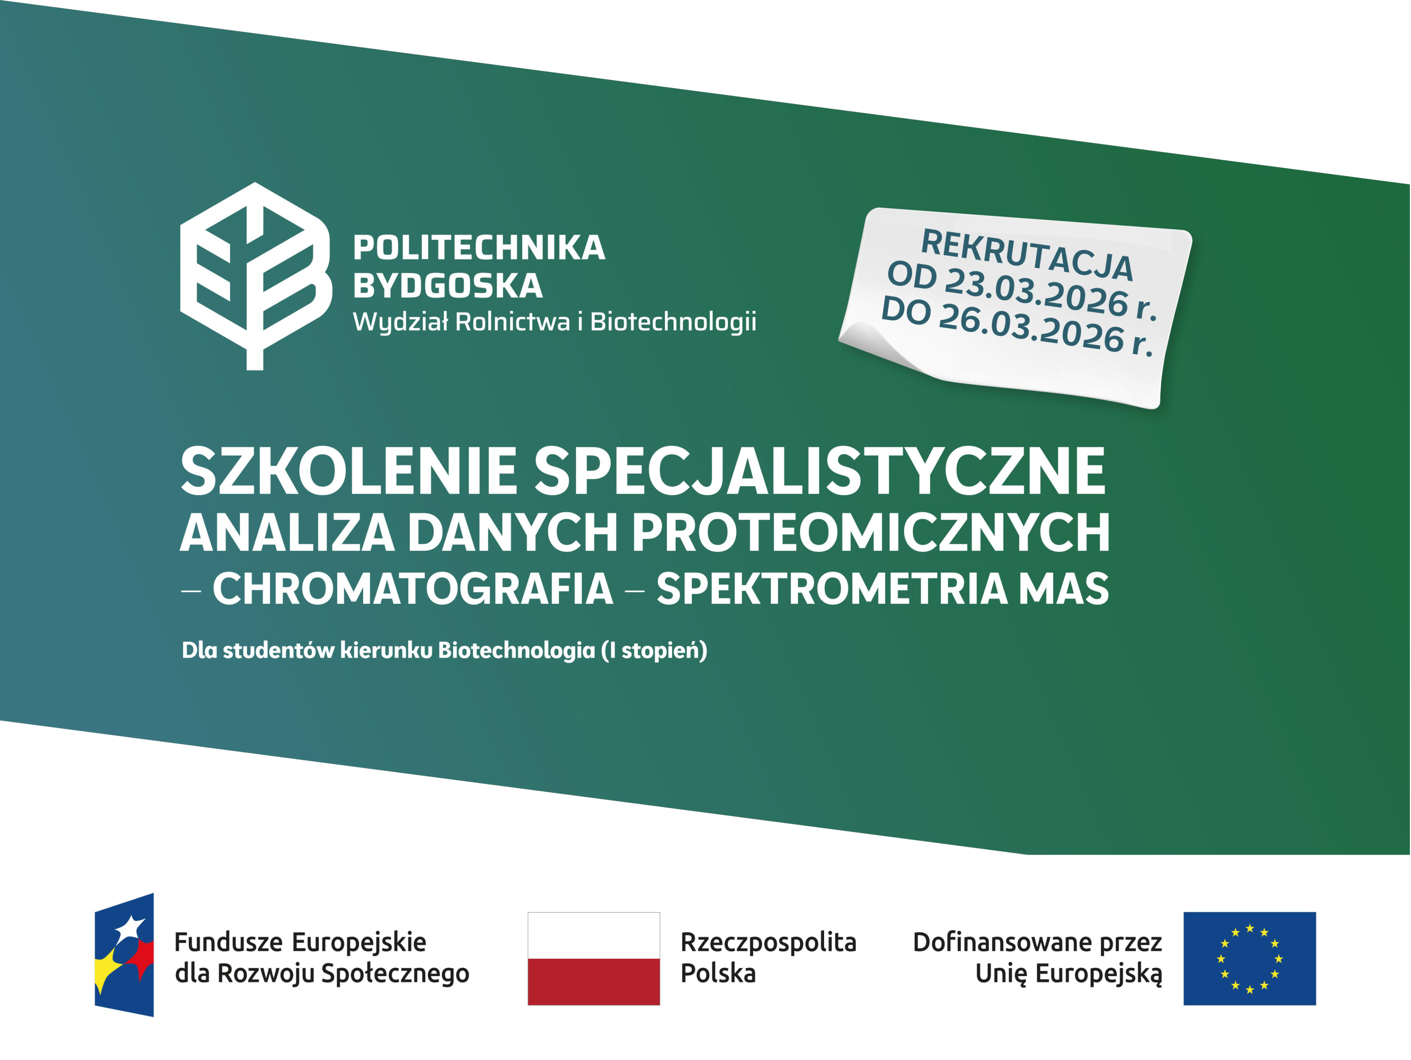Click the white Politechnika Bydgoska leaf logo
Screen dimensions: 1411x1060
tap(255, 276)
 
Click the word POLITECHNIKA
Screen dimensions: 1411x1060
tap(479, 248)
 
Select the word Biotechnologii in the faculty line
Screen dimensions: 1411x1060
tap(673, 322)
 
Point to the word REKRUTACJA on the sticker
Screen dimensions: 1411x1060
tap(1027, 255)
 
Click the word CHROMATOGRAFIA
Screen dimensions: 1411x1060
tap(413, 588)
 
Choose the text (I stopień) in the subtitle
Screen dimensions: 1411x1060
tap(654, 651)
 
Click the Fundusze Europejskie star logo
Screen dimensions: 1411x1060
tap(124, 955)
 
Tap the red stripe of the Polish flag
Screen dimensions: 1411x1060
tap(594, 982)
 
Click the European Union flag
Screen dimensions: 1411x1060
tap(1250, 958)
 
